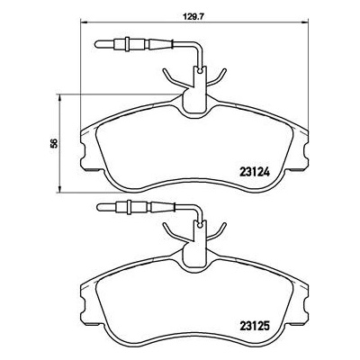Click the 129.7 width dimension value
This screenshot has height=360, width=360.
[189, 17]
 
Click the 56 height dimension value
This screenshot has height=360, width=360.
[54, 143]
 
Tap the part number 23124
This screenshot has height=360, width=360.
[255, 172]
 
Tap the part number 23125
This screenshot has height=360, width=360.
[255, 326]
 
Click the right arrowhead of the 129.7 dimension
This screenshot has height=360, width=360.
[304, 22]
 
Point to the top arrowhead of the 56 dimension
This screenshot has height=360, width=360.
[60, 98]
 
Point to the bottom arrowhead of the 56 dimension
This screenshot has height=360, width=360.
[60, 188]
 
